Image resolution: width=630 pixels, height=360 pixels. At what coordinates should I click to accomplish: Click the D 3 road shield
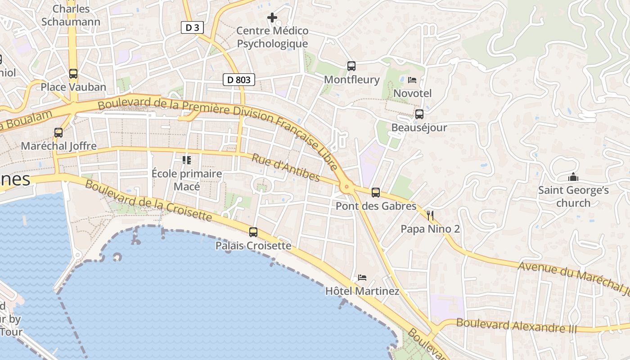(x=192, y=27)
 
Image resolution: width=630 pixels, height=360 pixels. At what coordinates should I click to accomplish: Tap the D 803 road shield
(x=238, y=80)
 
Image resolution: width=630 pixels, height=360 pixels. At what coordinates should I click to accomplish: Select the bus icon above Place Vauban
(x=73, y=73)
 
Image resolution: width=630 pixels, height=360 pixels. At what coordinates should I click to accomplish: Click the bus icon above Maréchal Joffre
(x=58, y=132)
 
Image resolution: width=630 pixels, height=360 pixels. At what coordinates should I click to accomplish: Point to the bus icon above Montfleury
(x=351, y=66)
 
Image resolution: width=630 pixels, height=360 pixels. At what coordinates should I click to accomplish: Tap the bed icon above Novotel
(x=412, y=80)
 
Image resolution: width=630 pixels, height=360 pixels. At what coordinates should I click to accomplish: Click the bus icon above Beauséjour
(x=419, y=114)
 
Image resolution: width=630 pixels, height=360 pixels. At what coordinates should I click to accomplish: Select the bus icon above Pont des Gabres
(x=376, y=193)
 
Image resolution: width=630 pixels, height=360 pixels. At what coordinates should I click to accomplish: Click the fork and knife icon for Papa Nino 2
(x=430, y=216)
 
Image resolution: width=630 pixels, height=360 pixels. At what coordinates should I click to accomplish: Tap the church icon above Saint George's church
(x=573, y=177)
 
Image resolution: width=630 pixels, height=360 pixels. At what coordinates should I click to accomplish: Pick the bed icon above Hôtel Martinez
(x=362, y=277)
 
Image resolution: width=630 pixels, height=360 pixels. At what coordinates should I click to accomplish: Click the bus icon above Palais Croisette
(x=253, y=232)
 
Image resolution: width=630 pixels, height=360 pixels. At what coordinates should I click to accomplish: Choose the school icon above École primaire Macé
(x=187, y=160)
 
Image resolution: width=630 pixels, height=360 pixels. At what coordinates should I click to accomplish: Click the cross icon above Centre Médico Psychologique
(x=272, y=18)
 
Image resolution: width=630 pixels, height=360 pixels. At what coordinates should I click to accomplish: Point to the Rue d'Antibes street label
(x=285, y=168)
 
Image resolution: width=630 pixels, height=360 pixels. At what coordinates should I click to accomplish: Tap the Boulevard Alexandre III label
(x=516, y=325)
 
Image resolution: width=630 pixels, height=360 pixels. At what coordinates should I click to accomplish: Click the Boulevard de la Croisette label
(x=148, y=201)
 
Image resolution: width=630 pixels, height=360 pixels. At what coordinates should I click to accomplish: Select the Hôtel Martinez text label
(x=362, y=291)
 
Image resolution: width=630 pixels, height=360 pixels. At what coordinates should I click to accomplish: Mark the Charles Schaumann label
(x=71, y=15)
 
